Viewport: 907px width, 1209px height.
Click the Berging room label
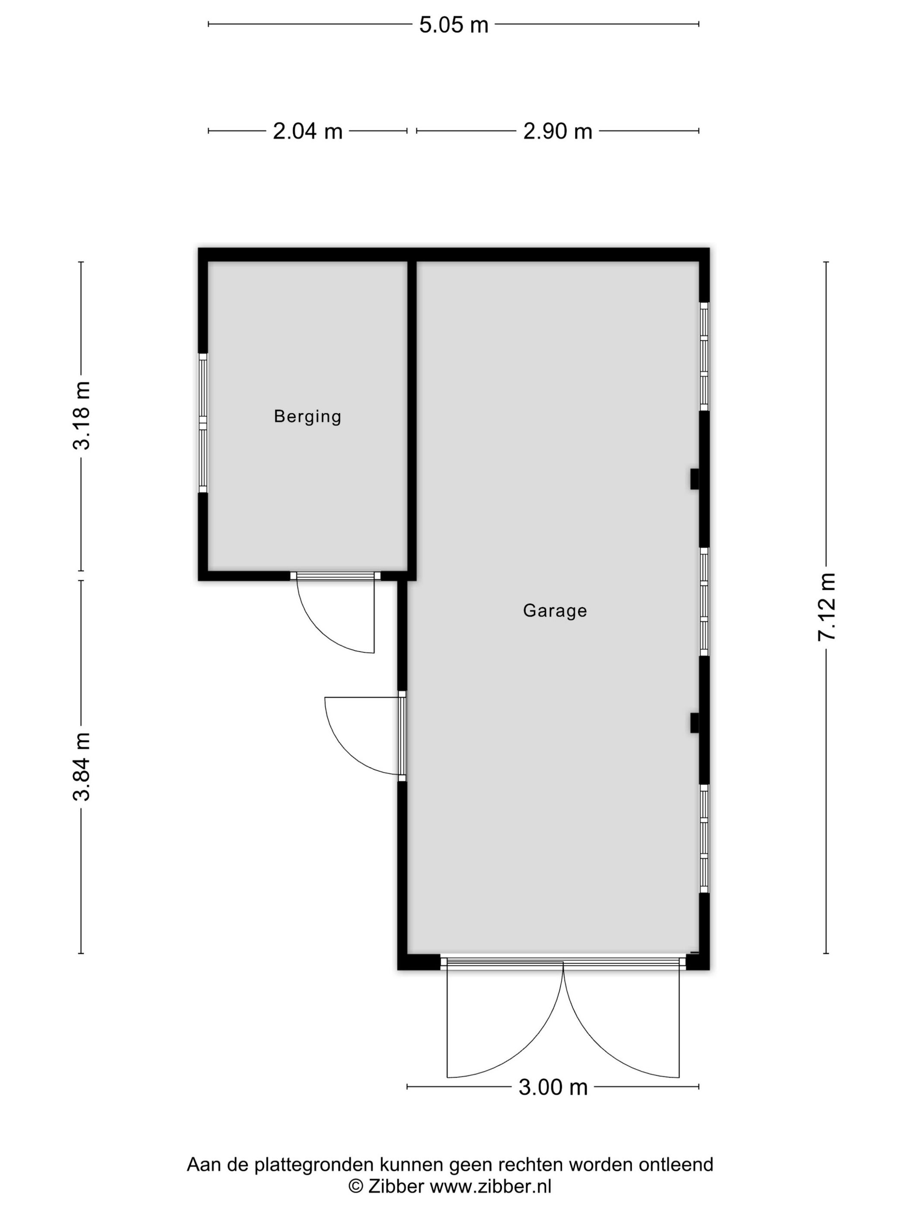coord(307,417)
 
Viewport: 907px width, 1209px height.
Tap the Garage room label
coord(555,611)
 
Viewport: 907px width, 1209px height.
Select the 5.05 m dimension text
coord(453,25)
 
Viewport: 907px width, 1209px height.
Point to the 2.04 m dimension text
coord(307,131)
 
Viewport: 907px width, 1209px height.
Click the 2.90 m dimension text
coord(557,131)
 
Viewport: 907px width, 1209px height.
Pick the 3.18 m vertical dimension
coord(82,416)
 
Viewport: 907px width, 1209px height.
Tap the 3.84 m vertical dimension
coord(82,766)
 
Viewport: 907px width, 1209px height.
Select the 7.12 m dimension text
coord(826,607)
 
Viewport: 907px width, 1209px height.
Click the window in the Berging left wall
coord(203,423)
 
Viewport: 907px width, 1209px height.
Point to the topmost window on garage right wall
coord(704,356)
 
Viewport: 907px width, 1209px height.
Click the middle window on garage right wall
coord(704,601)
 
